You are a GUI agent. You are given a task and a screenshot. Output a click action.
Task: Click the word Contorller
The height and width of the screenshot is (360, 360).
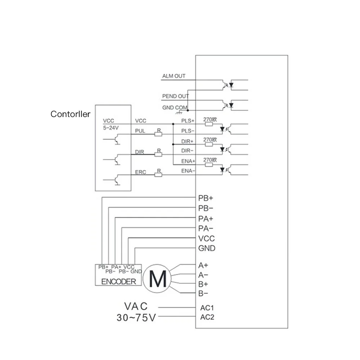pyautogui.click(x=70, y=114)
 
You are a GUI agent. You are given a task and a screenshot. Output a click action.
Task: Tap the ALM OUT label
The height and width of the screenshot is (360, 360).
pyautogui.click(x=174, y=76)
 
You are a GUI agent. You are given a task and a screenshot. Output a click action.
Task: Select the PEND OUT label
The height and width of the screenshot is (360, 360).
pyautogui.click(x=175, y=96)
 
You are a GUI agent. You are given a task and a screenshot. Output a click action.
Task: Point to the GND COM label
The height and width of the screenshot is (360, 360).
pyautogui.click(x=174, y=108)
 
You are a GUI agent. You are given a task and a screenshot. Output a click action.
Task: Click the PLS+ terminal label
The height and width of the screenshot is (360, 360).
pyautogui.click(x=188, y=121)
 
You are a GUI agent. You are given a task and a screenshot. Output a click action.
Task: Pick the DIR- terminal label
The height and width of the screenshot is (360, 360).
pyautogui.click(x=188, y=150)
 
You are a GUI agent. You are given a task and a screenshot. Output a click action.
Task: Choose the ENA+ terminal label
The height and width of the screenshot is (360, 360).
pyautogui.click(x=188, y=161)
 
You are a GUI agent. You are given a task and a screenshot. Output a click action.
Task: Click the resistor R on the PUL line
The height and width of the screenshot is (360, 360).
pyautogui.click(x=158, y=134)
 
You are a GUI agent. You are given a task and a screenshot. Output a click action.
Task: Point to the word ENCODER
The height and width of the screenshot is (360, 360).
pyautogui.click(x=119, y=282)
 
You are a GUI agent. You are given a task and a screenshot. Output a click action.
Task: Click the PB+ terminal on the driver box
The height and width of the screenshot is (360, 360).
pyautogui.click(x=206, y=198)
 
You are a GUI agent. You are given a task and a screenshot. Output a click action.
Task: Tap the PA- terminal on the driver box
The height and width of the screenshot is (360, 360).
pyautogui.click(x=206, y=228)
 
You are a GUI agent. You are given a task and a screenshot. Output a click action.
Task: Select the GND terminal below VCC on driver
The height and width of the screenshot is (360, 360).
pyautogui.click(x=207, y=248)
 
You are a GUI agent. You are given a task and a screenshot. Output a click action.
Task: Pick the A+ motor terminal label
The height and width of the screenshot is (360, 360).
pyautogui.click(x=203, y=265)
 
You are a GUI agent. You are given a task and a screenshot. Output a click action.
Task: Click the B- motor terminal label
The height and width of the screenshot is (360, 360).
pyautogui.click(x=203, y=293)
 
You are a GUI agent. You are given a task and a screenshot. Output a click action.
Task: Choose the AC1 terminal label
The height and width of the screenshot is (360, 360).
pyautogui.click(x=207, y=308)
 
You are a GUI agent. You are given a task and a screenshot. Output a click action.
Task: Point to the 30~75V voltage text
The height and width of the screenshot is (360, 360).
pyautogui.click(x=136, y=318)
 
